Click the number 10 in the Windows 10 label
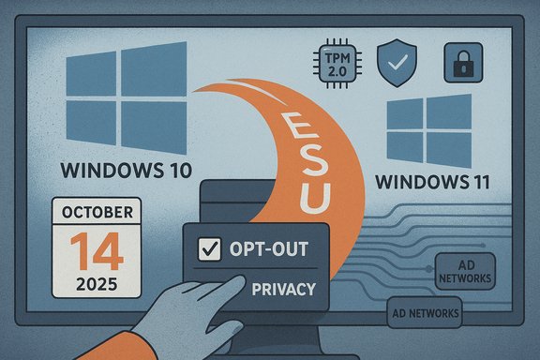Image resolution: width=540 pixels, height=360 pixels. tap(173, 172)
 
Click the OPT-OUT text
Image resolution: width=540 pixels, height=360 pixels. tap(267, 249)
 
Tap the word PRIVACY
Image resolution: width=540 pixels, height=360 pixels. tap(282, 290)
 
